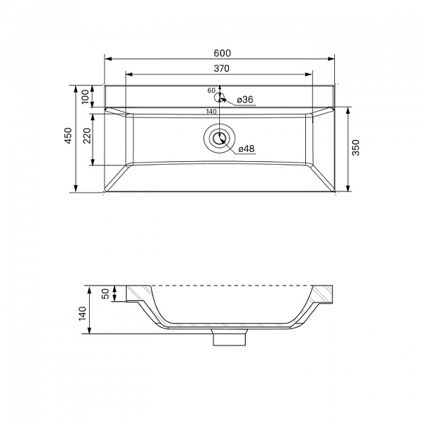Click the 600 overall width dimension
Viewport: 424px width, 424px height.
point(223,53)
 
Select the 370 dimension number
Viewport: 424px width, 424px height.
point(221,69)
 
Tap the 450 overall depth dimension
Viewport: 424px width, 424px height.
point(68,136)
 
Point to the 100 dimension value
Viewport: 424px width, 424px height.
point(86,97)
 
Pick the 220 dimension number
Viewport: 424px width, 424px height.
point(87,136)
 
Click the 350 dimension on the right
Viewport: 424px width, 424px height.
point(356,148)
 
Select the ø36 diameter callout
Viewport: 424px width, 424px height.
point(245,100)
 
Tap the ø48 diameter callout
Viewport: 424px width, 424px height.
point(247,148)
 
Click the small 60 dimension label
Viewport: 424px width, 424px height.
point(211,90)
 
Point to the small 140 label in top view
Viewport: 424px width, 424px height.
point(211,112)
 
